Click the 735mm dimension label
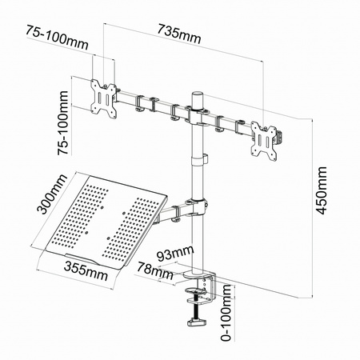tap(178, 34)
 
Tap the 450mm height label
tap(321, 190)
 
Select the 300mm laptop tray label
tap(52, 194)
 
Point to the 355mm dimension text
tap(86, 271)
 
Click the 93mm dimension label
tap(175, 254)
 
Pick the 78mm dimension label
tap(154, 270)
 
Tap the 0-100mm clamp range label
tap(226, 313)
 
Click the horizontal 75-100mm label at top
tap(57, 38)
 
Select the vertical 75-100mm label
tap(63, 122)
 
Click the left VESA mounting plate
tap(104, 98)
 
